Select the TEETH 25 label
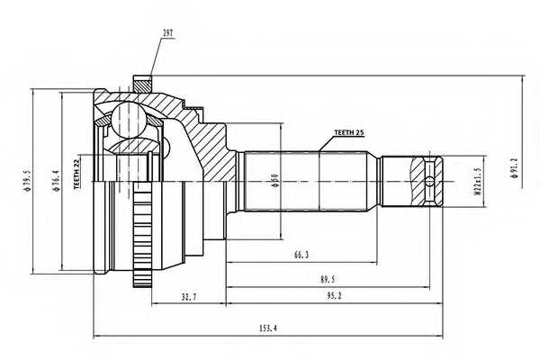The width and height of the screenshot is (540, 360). pyautogui.click(x=349, y=132)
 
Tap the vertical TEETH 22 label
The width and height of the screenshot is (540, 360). pyautogui.click(x=76, y=172)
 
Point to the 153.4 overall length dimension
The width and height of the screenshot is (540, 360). pyautogui.click(x=268, y=328)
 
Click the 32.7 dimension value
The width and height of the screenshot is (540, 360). pyautogui.click(x=189, y=296)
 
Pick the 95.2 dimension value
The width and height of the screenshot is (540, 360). pyautogui.click(x=333, y=295)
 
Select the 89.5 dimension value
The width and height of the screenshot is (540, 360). pyautogui.click(x=328, y=279)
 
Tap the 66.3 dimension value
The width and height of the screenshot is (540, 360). pyautogui.click(x=301, y=255)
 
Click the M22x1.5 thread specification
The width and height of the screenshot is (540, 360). pyautogui.click(x=477, y=182)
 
